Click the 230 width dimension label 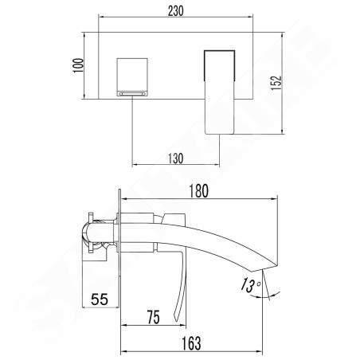pos(176,11)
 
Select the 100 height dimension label pos(78,65)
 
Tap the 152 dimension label pos(276,83)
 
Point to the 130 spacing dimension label pos(176,158)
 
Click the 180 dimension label pos(198,191)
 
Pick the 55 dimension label pos(100,299)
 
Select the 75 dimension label pos(154,317)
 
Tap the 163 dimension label pos(191,343)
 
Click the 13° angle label pos(250,285)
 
